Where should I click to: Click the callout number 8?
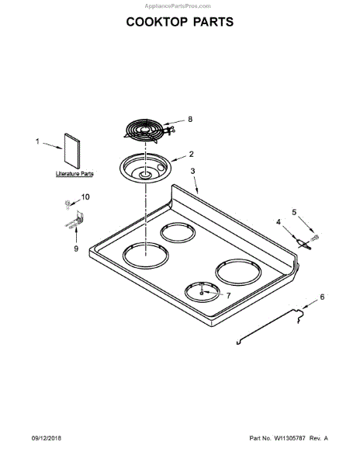[190, 119]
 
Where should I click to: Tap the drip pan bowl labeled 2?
[145, 168]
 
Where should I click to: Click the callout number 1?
[37, 141]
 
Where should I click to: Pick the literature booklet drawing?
[72, 151]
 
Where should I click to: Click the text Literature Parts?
[74, 173]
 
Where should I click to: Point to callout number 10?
[85, 197]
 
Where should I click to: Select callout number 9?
[76, 249]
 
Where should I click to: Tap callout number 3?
[193, 171]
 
